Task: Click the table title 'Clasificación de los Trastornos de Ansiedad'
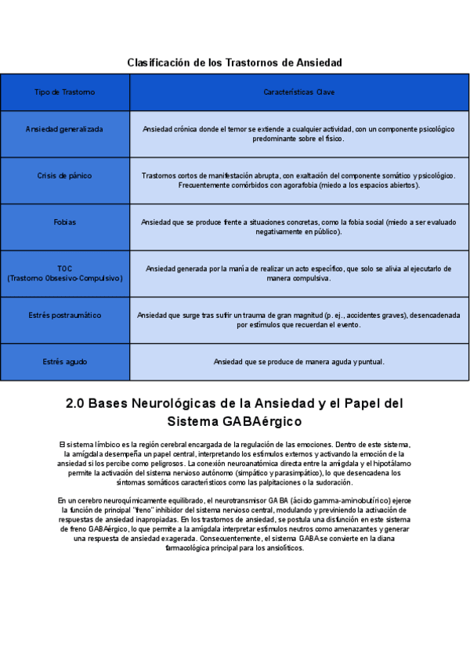(234, 62)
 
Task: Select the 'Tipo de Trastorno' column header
(65, 92)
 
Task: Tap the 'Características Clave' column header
(299, 92)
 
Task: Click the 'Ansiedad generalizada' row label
(65, 129)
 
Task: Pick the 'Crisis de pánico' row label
(65, 175)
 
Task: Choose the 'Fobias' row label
(65, 222)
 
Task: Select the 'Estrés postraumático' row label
(65, 316)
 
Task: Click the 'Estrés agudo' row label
(65, 362)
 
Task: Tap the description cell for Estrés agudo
(299, 362)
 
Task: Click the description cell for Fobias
(299, 227)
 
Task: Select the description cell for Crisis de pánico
(299, 180)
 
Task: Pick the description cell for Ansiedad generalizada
(299, 133)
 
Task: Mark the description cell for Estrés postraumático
(299, 319)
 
